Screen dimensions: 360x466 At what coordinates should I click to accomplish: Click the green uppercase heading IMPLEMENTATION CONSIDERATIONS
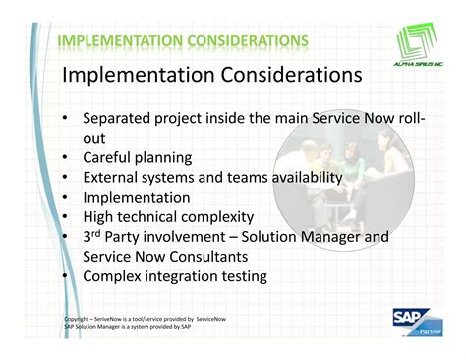(x=183, y=40)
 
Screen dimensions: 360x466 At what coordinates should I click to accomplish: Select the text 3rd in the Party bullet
(x=94, y=237)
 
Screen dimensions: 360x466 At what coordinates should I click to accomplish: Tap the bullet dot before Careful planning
(x=64, y=157)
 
